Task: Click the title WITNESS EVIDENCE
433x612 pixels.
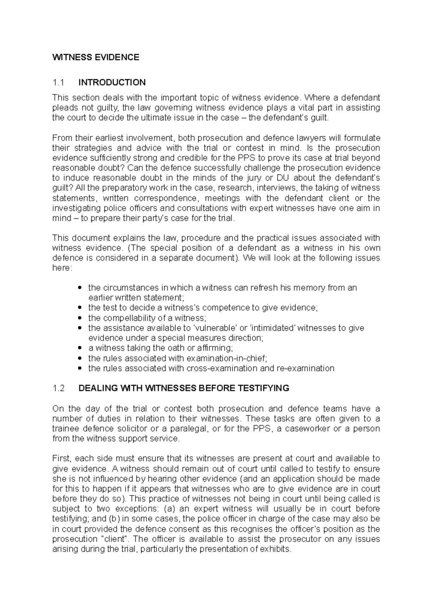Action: point(96,57)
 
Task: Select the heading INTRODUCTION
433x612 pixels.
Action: point(112,83)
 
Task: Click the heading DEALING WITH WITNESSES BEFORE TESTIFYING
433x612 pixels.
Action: point(184,388)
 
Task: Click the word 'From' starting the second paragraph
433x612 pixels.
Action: point(62,138)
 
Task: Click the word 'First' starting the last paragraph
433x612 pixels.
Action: point(62,458)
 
